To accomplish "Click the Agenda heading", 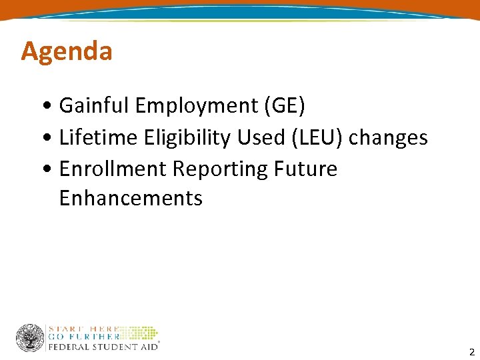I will [67, 51].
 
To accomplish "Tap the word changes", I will [388, 137].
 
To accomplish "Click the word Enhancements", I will [131, 198].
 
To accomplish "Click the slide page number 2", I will [471, 352].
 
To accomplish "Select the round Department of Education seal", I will [30, 338].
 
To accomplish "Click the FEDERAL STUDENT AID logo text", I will [102, 347].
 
